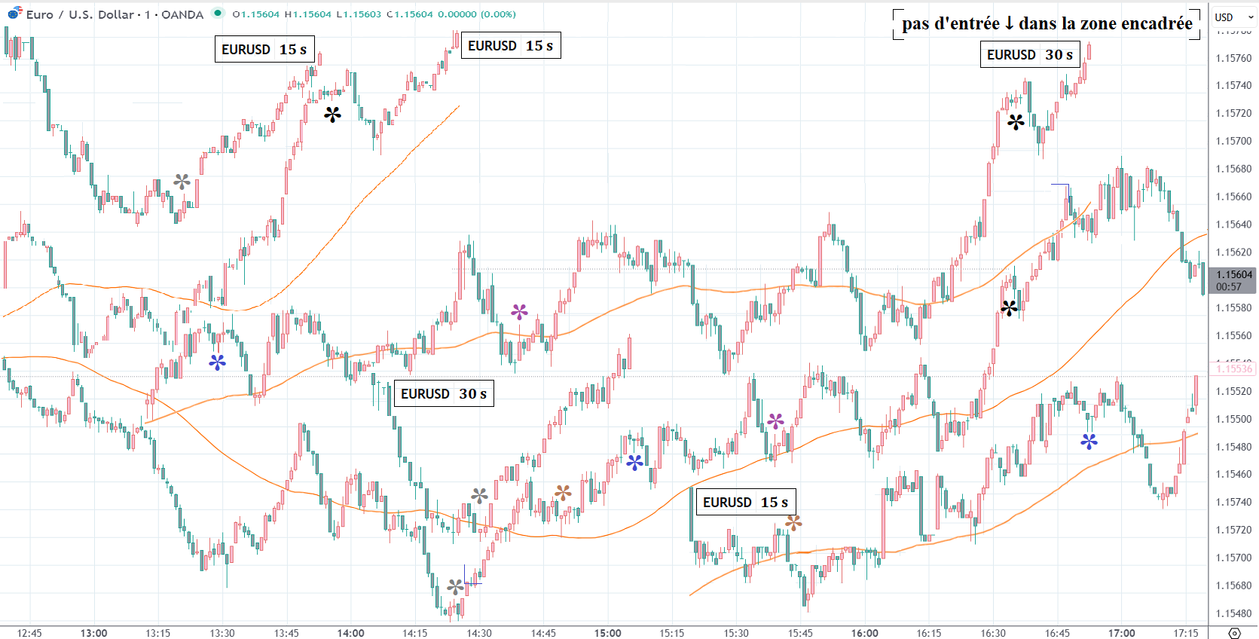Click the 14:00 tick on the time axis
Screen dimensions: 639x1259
(x=350, y=633)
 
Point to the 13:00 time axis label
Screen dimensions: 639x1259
(x=93, y=633)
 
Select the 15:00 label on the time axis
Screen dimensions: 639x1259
(x=607, y=633)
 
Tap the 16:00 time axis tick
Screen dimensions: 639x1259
(x=864, y=633)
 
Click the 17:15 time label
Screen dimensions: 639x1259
(x=1185, y=633)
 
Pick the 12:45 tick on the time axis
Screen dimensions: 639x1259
(x=29, y=633)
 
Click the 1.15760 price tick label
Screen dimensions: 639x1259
(x=1233, y=58)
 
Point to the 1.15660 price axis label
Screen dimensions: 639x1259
(x=1233, y=197)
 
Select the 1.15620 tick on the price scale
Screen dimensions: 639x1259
(x=1233, y=252)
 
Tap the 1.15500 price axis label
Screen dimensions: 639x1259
(x=1233, y=419)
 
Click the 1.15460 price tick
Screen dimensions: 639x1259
(x=1233, y=474)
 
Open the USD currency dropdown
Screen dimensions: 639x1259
(x=1233, y=17)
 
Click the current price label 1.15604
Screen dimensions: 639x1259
(x=1233, y=275)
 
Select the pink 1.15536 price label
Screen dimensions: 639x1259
(x=1233, y=368)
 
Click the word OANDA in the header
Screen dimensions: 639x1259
(x=182, y=14)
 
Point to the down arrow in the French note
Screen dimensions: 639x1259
(x=1009, y=23)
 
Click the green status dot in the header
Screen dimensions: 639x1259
(x=217, y=13)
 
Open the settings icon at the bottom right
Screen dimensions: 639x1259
(x=1234, y=633)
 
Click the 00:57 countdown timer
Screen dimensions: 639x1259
(x=1228, y=287)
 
